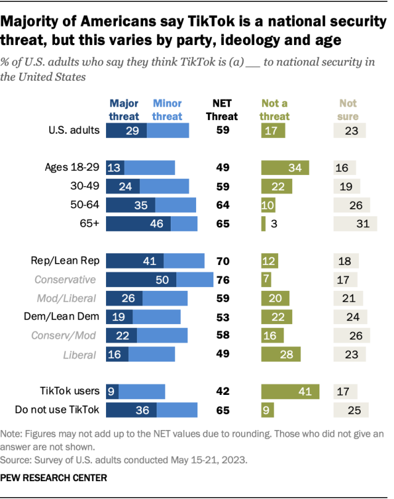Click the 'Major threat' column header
click(x=124, y=110)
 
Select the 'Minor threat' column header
click(x=167, y=110)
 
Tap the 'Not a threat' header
click(x=275, y=110)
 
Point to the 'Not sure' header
click(x=348, y=110)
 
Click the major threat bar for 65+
click(x=139, y=224)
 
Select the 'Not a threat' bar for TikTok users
click(x=290, y=391)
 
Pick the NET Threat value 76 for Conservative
click(x=223, y=280)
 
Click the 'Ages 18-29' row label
click(x=72, y=168)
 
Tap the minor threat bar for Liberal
click(x=152, y=354)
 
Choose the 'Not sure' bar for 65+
click(x=355, y=224)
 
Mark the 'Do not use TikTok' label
click(x=57, y=410)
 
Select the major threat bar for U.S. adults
click(x=126, y=131)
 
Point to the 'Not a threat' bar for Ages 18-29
click(x=285, y=168)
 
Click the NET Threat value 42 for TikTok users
click(x=223, y=391)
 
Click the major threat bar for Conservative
click(x=141, y=280)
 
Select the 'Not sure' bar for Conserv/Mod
click(x=352, y=336)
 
